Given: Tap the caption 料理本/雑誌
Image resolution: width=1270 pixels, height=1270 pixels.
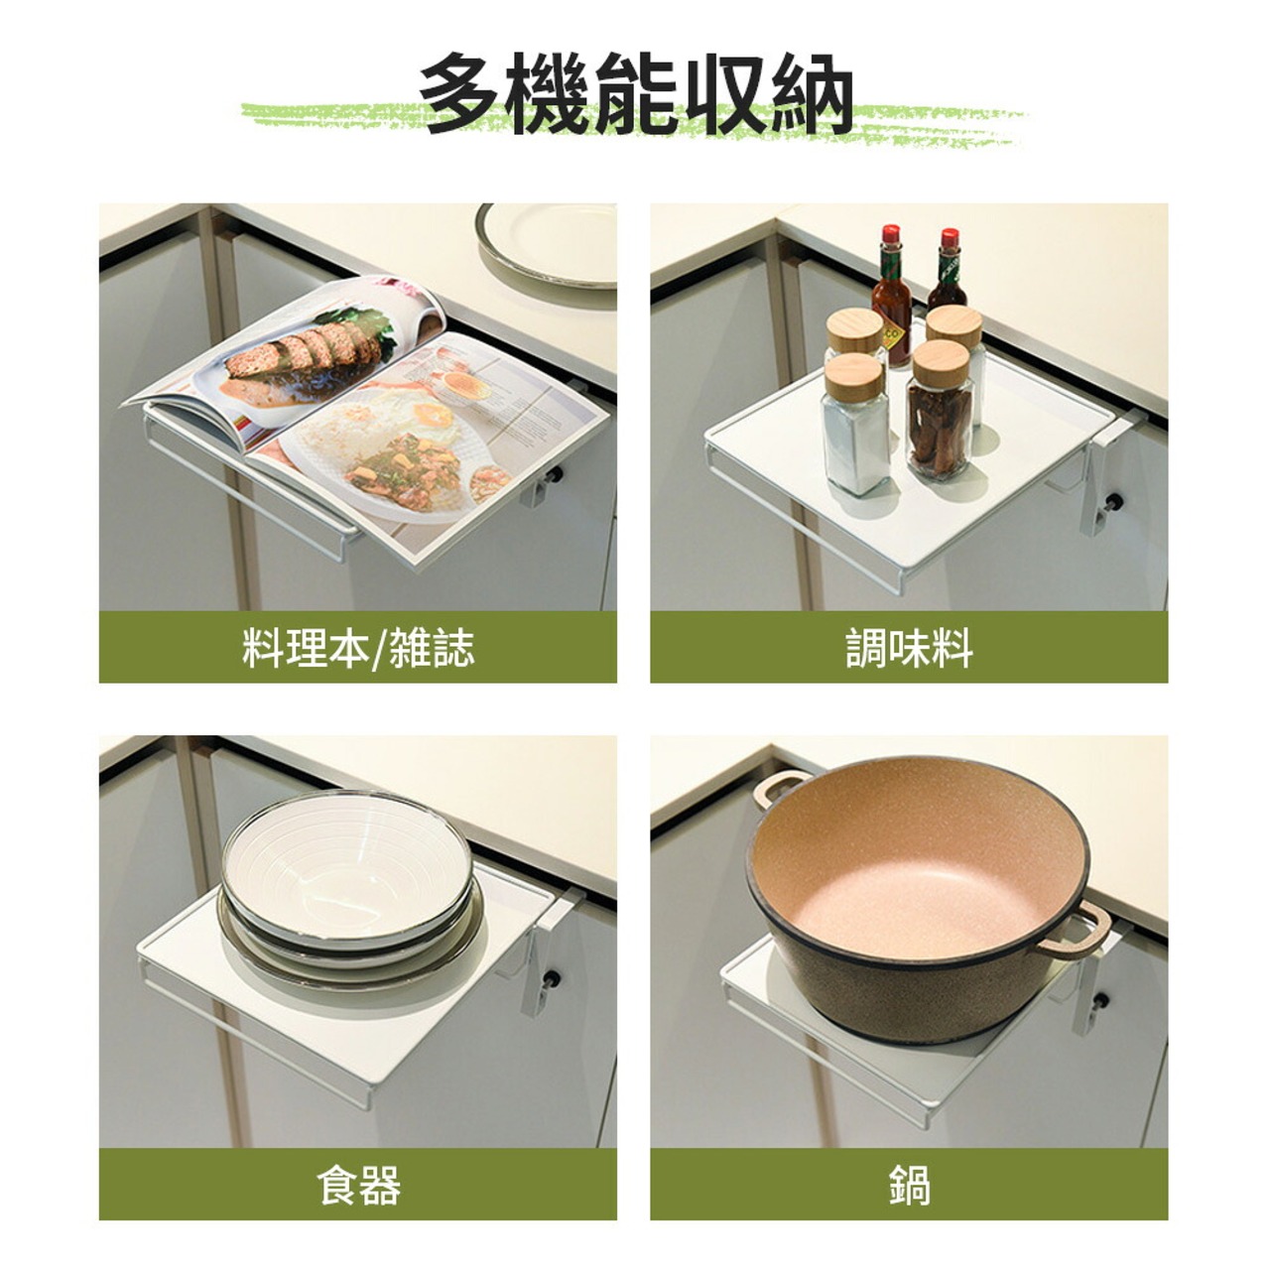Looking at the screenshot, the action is (358, 648).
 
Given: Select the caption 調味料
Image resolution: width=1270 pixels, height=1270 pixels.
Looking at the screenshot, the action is (909, 648).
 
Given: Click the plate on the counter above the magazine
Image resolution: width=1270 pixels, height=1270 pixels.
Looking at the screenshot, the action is (547, 244).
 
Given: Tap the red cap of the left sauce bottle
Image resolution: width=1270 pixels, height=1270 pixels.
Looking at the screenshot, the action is (891, 234).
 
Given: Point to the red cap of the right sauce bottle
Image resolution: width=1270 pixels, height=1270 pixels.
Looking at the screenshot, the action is (950, 238).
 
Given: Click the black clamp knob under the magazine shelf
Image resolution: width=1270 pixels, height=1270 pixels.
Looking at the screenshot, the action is (558, 474).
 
